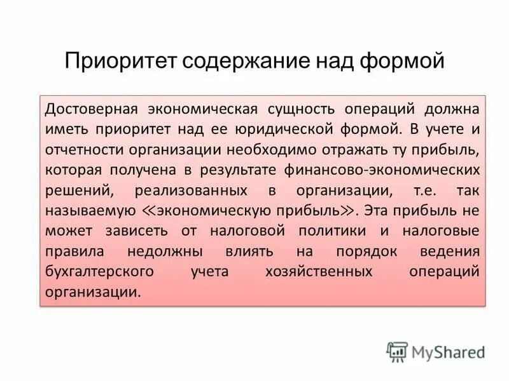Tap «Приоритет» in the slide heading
tap(120, 62)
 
